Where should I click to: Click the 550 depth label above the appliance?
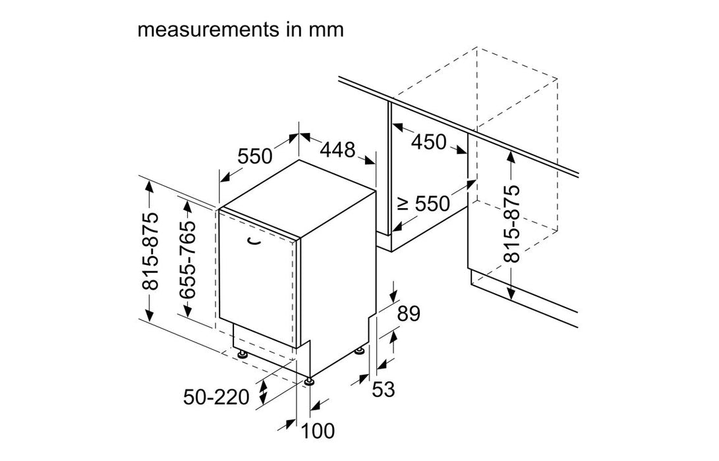(x=254, y=157)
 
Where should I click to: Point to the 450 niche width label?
(x=428, y=142)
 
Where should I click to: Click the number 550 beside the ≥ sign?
(x=432, y=203)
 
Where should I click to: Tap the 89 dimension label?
(x=407, y=314)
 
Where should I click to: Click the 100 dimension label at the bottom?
(x=318, y=431)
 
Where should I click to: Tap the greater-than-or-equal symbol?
(x=403, y=204)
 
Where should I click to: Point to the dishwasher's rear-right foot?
(x=360, y=350)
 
